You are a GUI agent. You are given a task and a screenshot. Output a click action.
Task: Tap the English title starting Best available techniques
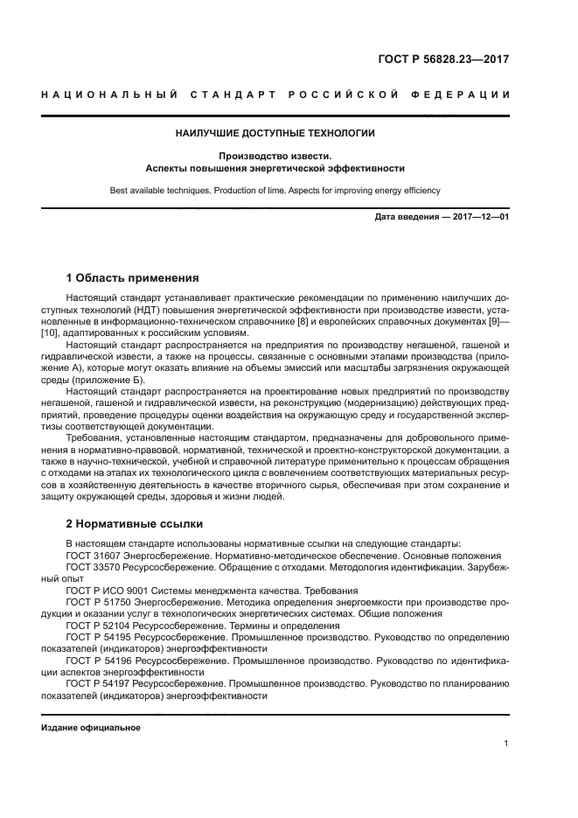[x=275, y=190]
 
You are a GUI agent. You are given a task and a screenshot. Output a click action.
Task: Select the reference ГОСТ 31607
[x=94, y=556]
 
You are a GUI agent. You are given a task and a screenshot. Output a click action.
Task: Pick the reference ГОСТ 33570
[x=94, y=567]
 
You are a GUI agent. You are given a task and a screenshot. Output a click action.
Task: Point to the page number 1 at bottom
[x=506, y=744]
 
